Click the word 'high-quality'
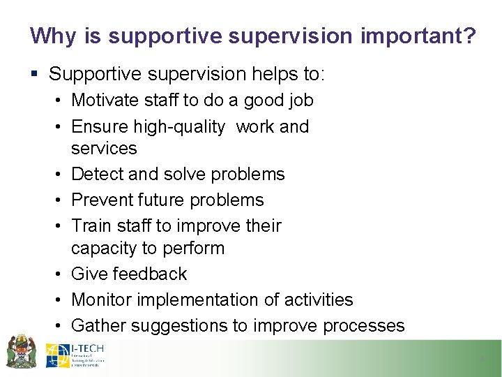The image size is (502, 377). click(183, 126)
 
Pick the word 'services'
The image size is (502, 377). click(104, 148)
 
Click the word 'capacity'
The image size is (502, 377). click(103, 248)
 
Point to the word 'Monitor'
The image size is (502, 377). click(102, 300)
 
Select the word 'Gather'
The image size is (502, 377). click(98, 325)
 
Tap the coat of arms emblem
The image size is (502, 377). click(21, 353)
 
